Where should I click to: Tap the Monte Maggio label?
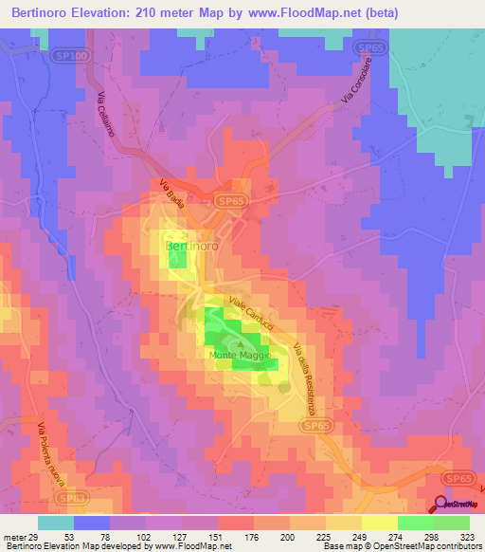pos(242,356)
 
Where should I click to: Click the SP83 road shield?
pos(69,497)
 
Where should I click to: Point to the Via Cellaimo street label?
pos(108,115)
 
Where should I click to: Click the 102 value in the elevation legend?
pos(143,536)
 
